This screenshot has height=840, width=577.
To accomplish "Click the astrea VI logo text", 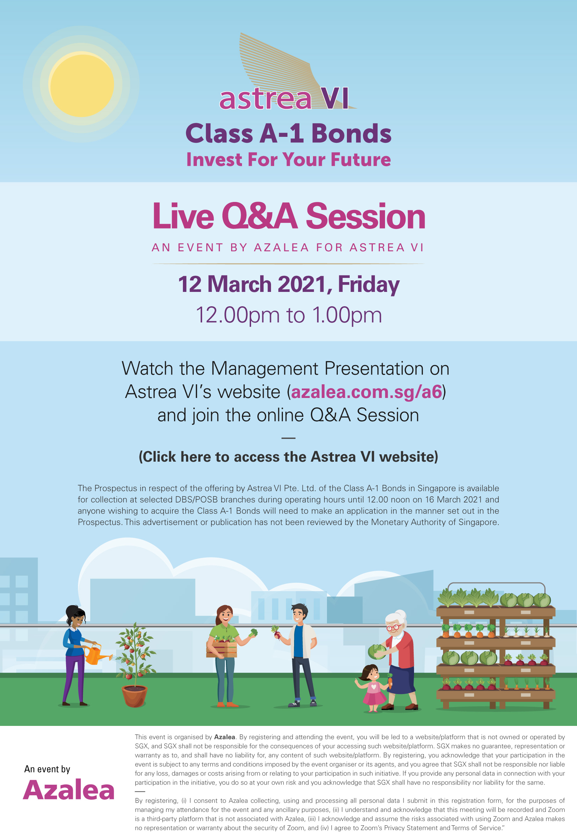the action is [284, 98].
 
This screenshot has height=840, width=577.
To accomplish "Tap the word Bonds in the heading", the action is [351, 133].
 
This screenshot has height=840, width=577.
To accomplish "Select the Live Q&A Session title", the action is [289, 216].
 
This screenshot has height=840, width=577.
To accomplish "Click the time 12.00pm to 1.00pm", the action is [289, 315].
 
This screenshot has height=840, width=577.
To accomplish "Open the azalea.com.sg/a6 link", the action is [366, 392].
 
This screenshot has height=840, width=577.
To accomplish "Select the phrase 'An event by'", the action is [47, 769].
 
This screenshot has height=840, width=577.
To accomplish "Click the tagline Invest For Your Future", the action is [288, 160].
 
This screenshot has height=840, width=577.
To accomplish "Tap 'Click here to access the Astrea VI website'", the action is [288, 457].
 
